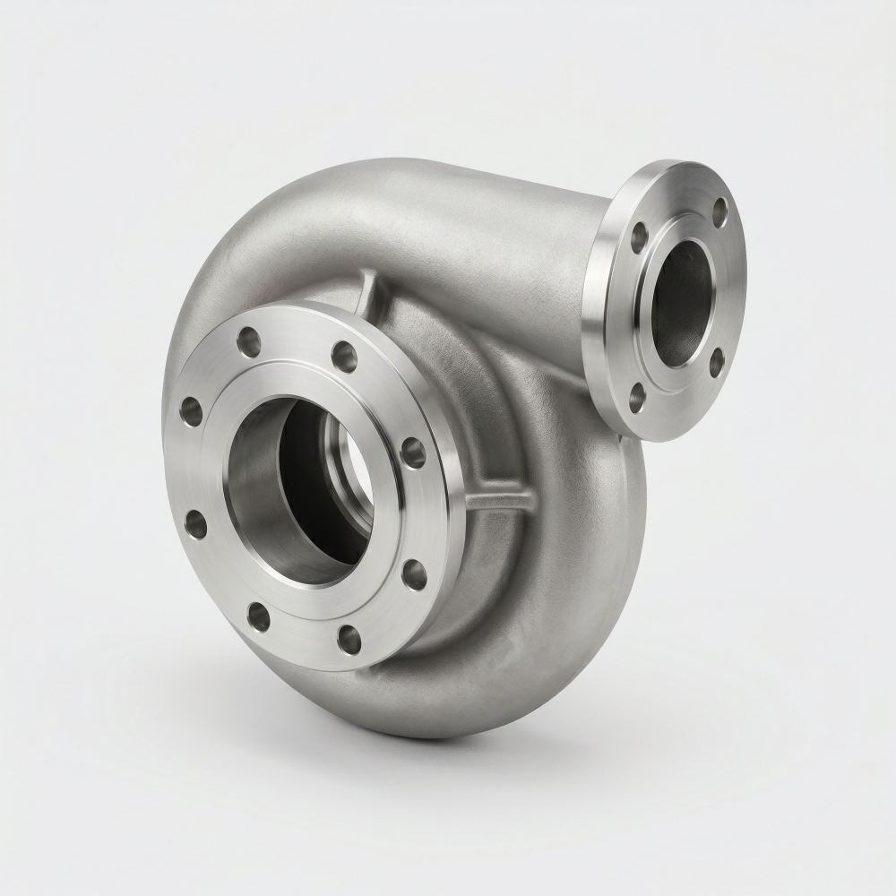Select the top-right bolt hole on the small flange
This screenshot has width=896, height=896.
[x=719, y=212]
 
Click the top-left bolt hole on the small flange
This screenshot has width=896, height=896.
[x=639, y=237]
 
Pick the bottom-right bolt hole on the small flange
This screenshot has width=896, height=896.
[x=717, y=362]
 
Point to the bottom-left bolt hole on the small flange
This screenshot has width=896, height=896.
[x=636, y=397]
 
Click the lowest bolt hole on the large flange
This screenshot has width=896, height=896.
[x=349, y=639]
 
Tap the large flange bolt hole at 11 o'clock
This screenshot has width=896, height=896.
[x=248, y=341]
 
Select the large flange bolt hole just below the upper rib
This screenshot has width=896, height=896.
[x=344, y=356]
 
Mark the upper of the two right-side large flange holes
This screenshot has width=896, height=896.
[x=413, y=452]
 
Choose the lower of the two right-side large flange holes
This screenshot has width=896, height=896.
[x=414, y=573]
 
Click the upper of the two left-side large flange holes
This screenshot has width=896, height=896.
[x=191, y=410]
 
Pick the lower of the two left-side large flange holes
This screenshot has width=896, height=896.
[x=195, y=524]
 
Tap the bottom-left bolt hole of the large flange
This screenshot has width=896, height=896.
[x=258, y=616]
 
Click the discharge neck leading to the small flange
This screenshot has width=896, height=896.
[x=538, y=260]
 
